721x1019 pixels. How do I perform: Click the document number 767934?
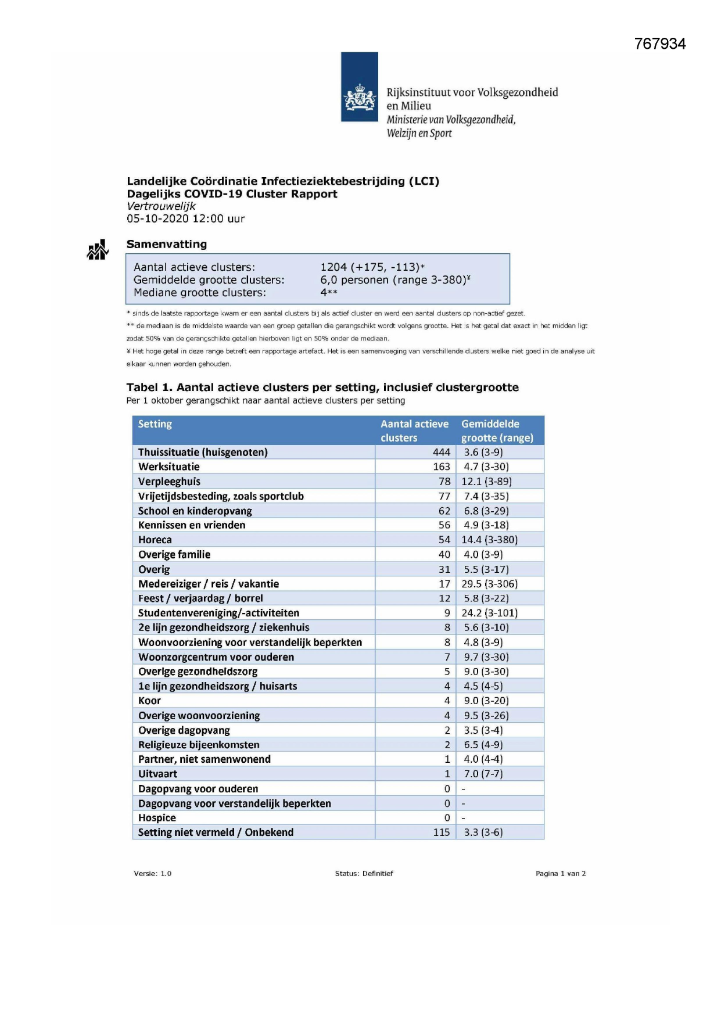point(660,44)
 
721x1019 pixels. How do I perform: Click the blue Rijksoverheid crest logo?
point(360,87)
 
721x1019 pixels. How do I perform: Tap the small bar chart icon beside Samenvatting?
point(98,250)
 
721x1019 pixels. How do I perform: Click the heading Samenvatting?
point(167,244)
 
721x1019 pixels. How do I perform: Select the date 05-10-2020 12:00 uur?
point(186,219)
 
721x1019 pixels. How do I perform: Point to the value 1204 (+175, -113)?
point(372,267)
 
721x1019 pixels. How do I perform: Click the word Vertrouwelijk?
point(161,206)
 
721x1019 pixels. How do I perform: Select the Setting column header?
point(155,424)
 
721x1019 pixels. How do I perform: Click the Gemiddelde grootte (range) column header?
point(497,430)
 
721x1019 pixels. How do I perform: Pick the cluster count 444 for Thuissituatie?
point(442,453)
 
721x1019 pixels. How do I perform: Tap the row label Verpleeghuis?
point(169,482)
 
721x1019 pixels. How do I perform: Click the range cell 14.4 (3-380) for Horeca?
point(489,540)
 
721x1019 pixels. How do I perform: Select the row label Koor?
point(149,701)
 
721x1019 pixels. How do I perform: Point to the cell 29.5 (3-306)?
point(489,584)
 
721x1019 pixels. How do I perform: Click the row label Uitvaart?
point(157,774)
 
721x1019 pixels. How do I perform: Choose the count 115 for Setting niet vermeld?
point(442,833)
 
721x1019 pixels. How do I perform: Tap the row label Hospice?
point(157,818)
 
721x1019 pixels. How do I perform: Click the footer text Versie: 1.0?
point(152,874)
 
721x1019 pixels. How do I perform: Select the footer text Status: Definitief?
point(364,874)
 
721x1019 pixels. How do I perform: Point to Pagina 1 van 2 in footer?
point(561,874)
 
